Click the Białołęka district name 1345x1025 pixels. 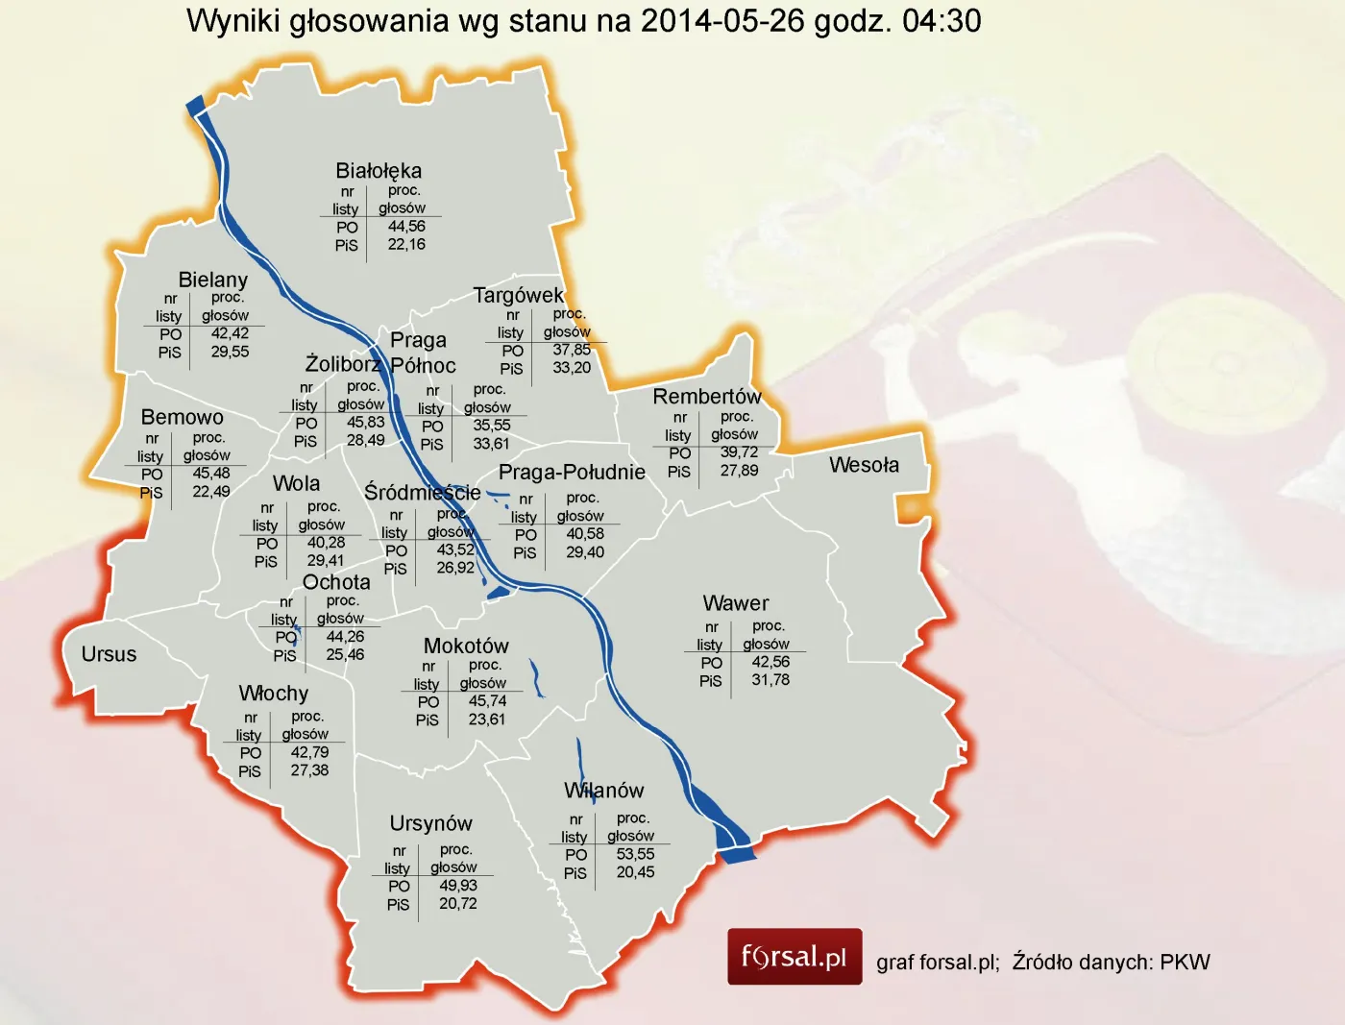(x=379, y=171)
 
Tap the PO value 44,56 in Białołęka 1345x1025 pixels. (x=406, y=227)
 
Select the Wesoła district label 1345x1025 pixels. (x=864, y=465)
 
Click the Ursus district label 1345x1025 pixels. (x=109, y=654)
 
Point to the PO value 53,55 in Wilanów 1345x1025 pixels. (x=635, y=854)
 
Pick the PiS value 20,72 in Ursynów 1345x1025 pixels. (x=458, y=904)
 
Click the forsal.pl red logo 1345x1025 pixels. (x=795, y=957)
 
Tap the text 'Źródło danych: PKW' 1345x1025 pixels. (x=1111, y=963)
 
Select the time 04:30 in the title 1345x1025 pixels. (x=941, y=21)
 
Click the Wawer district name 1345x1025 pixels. (x=736, y=603)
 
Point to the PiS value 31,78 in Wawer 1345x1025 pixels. (x=770, y=680)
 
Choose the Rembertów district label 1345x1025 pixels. (x=707, y=397)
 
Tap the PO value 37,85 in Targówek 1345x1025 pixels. (x=572, y=351)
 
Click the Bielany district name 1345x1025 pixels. (x=213, y=280)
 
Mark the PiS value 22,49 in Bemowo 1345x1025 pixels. (x=211, y=492)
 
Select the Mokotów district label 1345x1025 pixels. (x=466, y=646)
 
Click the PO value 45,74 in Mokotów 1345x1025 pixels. (x=487, y=701)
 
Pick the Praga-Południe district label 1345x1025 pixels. (x=572, y=473)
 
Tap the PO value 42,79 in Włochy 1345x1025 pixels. (x=309, y=753)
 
